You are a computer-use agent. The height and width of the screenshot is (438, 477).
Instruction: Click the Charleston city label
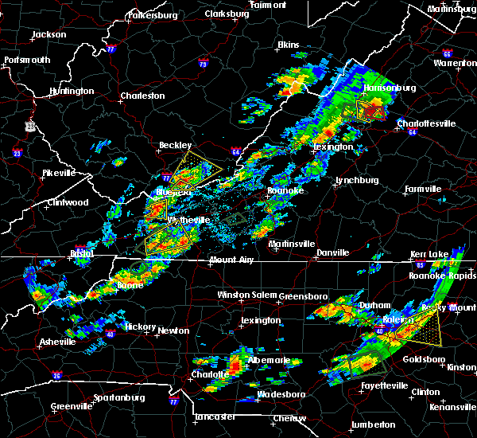[x=142, y=96]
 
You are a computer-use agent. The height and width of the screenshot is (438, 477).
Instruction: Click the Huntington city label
[x=71, y=91]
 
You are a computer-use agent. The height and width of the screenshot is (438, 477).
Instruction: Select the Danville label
[x=332, y=252]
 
